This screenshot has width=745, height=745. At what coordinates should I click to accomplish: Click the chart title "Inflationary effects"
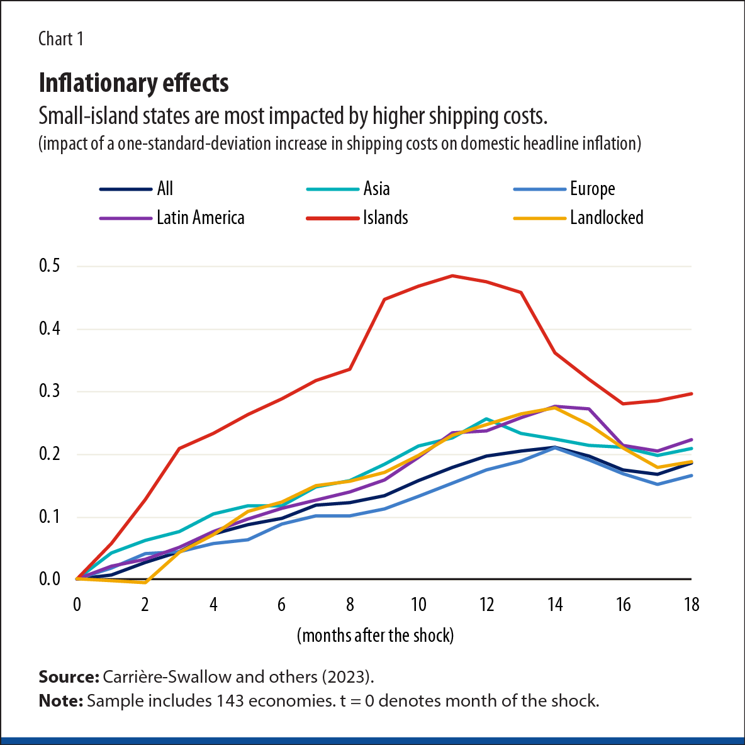(x=133, y=83)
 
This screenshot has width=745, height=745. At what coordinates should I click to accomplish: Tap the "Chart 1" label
(x=60, y=39)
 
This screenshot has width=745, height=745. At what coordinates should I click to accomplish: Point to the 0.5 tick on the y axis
(x=50, y=266)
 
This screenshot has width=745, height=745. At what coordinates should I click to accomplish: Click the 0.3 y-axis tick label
(x=50, y=391)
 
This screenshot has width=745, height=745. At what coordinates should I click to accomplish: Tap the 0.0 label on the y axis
(x=50, y=579)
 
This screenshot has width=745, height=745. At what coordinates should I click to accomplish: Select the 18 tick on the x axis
(x=691, y=605)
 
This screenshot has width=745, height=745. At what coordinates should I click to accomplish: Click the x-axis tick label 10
(x=418, y=605)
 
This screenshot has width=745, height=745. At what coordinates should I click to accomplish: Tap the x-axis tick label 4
(x=213, y=605)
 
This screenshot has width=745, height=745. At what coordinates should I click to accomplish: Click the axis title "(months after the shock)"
(x=375, y=635)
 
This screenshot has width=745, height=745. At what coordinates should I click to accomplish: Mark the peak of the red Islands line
(x=452, y=276)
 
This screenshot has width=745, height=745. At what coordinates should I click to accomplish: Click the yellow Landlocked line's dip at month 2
(x=145, y=583)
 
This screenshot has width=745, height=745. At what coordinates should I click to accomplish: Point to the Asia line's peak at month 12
(x=486, y=418)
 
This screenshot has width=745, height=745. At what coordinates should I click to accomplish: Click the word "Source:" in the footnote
(x=69, y=677)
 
